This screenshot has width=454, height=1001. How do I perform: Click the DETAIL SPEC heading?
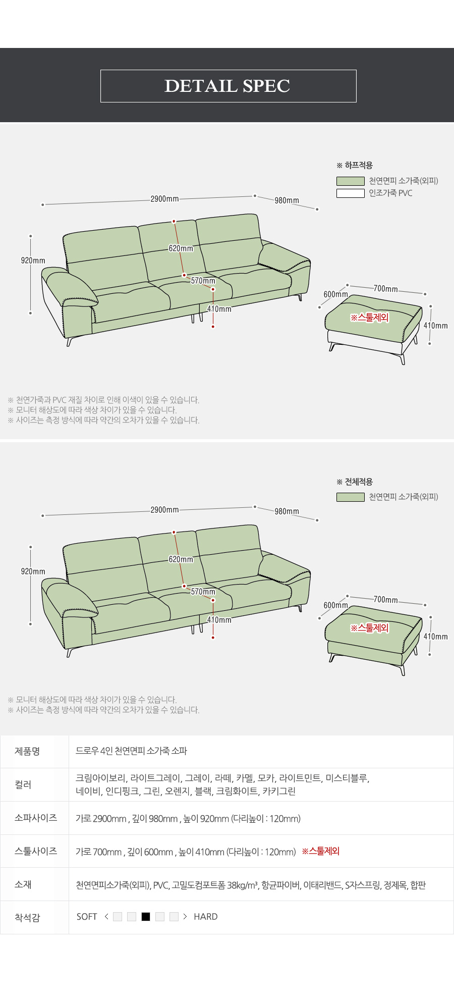click(228, 86)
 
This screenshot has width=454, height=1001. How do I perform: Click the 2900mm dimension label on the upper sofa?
click(164, 199)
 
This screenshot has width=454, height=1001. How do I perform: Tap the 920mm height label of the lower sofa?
click(33, 571)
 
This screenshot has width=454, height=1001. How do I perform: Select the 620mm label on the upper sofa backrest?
click(181, 248)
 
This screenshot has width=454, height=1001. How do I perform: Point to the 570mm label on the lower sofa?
click(203, 592)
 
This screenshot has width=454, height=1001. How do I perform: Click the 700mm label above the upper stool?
click(386, 289)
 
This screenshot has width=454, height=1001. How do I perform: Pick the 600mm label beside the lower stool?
click(336, 605)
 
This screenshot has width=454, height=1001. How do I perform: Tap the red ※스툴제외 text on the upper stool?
click(370, 318)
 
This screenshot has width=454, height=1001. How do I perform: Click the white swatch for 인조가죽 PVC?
click(351, 193)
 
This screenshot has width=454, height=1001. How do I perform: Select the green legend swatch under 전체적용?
click(351, 497)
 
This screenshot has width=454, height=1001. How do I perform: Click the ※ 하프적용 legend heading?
click(355, 165)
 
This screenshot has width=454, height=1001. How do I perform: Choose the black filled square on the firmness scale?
click(146, 917)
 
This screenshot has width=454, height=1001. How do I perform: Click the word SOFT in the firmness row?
click(87, 917)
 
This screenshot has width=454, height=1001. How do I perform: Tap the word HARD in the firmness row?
click(206, 917)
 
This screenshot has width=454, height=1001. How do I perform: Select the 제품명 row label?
click(27, 751)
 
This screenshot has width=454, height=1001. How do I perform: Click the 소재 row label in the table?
click(23, 884)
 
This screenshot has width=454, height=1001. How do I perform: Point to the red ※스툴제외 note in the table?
click(321, 851)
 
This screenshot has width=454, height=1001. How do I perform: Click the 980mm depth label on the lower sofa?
click(287, 511)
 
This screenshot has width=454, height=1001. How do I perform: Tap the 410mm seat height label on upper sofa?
click(219, 309)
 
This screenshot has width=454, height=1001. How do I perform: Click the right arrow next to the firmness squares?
click(185, 917)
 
